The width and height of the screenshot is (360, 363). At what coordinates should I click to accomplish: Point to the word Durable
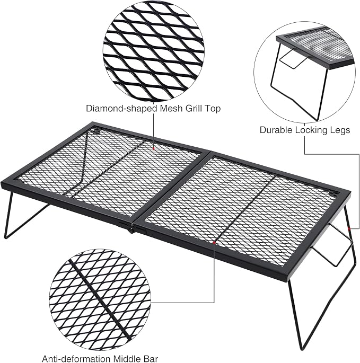click(x=276, y=130)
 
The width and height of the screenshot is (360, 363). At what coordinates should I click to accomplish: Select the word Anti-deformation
click(x=76, y=359)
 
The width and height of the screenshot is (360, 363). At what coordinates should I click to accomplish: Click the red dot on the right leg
click(x=349, y=229)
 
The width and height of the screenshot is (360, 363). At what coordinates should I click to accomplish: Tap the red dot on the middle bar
click(x=214, y=243)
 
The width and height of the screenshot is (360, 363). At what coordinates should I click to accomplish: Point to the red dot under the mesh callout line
click(x=154, y=149)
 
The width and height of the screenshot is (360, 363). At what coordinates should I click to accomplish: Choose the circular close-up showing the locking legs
click(x=304, y=72)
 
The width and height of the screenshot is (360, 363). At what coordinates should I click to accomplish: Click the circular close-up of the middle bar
click(x=100, y=299)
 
